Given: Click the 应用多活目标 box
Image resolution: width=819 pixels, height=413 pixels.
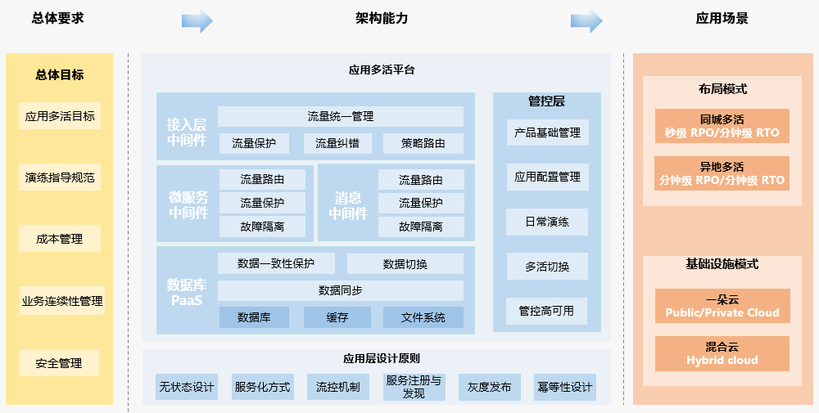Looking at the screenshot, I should (59, 116).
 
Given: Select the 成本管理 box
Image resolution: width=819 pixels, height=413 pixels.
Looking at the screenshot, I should (59, 240).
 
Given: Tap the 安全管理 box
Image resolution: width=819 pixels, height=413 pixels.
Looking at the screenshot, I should (59, 363).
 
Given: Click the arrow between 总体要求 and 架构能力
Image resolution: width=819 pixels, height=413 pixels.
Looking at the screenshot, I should (197, 21).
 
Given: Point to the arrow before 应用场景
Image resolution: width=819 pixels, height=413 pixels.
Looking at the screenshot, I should (586, 21).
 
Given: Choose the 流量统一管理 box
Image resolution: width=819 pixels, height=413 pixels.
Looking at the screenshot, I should (340, 117).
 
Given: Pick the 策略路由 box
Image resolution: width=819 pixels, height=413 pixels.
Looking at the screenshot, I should (423, 144).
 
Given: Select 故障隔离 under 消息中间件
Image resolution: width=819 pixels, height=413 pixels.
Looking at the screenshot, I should (421, 227).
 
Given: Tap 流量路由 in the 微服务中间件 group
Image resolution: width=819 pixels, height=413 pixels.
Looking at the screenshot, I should (262, 180).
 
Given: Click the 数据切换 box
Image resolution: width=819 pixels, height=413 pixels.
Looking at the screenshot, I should (405, 264).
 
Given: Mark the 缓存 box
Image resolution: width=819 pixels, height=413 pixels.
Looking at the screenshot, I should (337, 317).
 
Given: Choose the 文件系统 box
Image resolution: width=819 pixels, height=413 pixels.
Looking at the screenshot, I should (423, 317).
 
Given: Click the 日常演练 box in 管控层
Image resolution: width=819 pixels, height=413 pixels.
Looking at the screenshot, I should (547, 222).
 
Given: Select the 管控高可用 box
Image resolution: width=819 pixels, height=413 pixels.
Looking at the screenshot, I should (547, 311).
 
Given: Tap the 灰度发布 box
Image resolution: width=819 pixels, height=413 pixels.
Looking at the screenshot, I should (490, 387).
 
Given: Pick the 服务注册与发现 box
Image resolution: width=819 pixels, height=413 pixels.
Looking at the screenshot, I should (414, 387).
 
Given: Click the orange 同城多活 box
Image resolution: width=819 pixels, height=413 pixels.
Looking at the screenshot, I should (722, 126).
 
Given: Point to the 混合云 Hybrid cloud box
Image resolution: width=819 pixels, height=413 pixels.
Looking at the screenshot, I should (722, 353).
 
